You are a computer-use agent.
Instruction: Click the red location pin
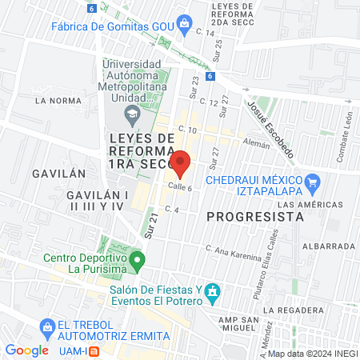(x=180, y=162)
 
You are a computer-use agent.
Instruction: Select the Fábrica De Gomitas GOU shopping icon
(x=186, y=22)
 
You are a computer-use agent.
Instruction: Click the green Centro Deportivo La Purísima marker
(x=138, y=259)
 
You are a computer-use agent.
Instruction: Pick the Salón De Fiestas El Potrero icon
(x=211, y=292)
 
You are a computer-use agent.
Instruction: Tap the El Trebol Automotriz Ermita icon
(x=45, y=326)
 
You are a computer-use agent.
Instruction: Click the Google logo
(x=26, y=350)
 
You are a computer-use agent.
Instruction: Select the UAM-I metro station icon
(x=94, y=350)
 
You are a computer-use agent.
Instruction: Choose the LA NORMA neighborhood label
(x=58, y=101)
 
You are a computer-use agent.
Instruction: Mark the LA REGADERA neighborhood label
(x=296, y=310)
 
